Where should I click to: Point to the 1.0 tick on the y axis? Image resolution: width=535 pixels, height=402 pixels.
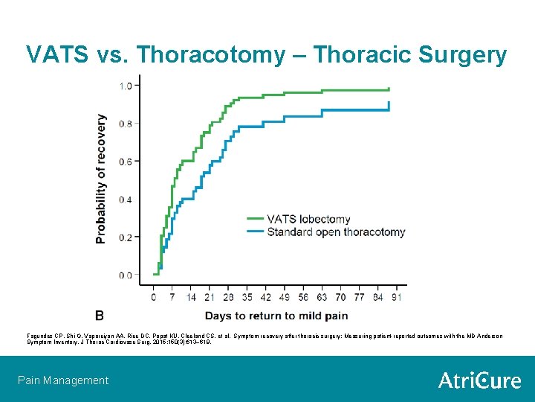tap(126, 86)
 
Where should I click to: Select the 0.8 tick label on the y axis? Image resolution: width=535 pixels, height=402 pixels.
tap(126, 124)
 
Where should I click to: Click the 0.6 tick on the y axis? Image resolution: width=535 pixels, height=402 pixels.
tap(126, 162)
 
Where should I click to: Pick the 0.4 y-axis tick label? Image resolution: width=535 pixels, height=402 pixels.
tap(126, 200)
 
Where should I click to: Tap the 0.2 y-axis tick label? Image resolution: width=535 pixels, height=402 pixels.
tap(126, 237)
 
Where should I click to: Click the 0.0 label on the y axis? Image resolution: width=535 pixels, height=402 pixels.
tap(126, 275)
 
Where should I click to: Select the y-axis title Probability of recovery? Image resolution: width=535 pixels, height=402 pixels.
tap(101, 179)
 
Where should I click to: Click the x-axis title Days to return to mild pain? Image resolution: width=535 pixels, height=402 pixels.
tap(276, 315)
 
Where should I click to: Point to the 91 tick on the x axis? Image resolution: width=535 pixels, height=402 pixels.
tap(398, 296)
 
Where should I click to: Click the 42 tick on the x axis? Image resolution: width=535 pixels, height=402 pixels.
tap(266, 296)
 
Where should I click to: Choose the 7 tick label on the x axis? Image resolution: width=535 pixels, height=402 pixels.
tap(172, 296)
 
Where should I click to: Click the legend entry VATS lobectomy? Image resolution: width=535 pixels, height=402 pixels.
tap(308, 219)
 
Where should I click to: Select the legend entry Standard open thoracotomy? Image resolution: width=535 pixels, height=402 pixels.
tap(336, 232)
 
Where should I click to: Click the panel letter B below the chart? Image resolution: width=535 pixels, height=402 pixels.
tap(100, 315)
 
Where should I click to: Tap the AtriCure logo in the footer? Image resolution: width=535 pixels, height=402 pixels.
tap(479, 380)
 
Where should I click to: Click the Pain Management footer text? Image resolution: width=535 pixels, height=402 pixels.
tap(63, 380)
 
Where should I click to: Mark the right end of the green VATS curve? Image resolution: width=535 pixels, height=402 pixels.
tap(389, 89)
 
